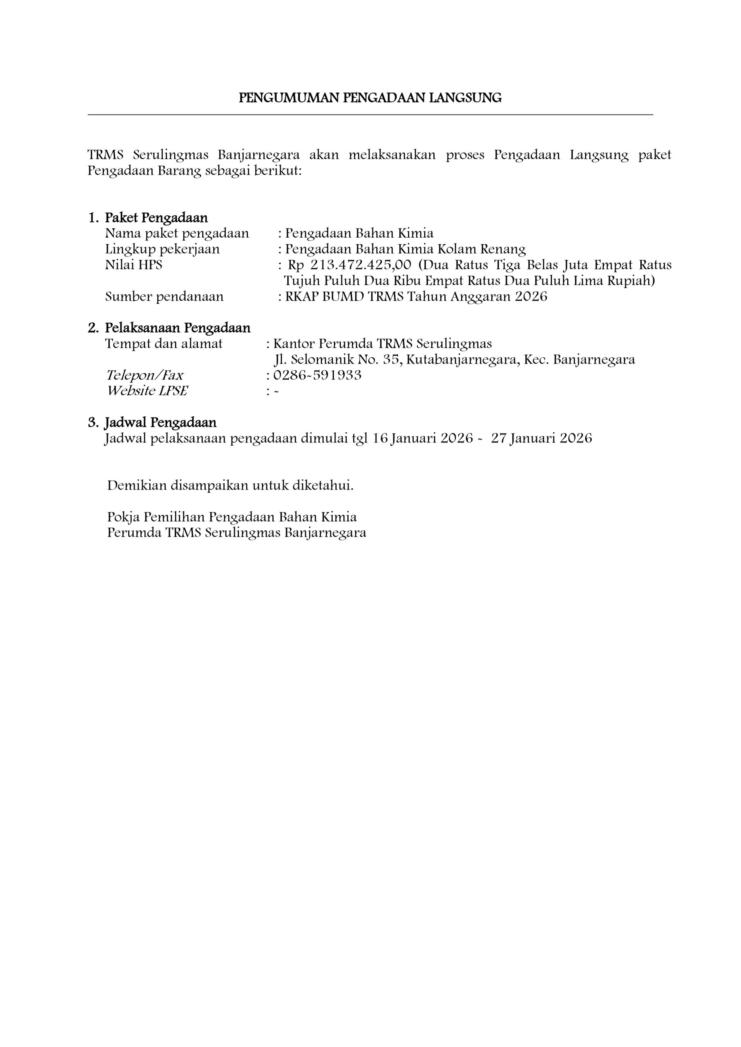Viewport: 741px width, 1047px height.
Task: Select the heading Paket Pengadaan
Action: [x=156, y=218]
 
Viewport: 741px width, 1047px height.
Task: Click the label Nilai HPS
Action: [x=134, y=265]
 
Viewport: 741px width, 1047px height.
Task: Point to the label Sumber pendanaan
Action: [x=164, y=297]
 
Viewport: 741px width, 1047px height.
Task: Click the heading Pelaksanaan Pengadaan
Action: [x=178, y=328]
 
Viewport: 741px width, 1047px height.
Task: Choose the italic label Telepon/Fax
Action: [x=145, y=375]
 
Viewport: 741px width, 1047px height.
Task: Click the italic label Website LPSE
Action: [x=147, y=391]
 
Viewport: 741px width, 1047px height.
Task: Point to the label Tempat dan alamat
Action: [x=164, y=344]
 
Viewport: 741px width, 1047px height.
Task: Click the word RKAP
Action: [x=302, y=297]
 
